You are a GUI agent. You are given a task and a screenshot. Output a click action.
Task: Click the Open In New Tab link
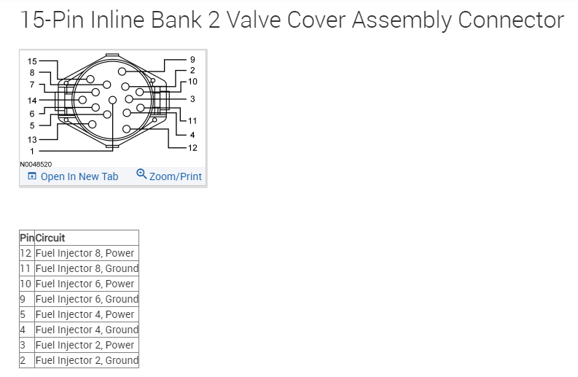click(79, 176)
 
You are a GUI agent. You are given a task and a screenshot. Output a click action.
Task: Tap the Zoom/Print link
click(175, 176)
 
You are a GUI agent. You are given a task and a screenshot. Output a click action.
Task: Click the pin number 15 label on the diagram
click(32, 61)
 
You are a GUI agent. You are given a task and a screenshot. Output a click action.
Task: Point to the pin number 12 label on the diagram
click(192, 148)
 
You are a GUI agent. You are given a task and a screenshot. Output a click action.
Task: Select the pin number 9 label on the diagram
click(192, 59)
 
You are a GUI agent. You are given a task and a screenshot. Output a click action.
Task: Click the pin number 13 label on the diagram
click(32, 139)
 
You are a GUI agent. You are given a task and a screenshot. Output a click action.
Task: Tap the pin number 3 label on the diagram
click(192, 98)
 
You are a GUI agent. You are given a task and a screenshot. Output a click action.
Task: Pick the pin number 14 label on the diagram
click(32, 100)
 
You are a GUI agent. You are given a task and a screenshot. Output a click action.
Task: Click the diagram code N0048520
click(36, 165)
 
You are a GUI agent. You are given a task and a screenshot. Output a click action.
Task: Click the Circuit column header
click(50, 238)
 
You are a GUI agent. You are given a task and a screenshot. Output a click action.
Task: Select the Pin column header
click(27, 238)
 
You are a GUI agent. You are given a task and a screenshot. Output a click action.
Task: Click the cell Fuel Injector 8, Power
click(85, 253)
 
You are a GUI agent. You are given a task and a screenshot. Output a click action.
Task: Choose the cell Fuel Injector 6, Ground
click(87, 299)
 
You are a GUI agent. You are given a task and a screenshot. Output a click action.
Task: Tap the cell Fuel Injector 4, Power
click(85, 314)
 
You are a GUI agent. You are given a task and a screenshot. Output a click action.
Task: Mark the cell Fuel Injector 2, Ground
click(87, 360)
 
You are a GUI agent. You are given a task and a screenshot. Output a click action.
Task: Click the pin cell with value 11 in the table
click(26, 268)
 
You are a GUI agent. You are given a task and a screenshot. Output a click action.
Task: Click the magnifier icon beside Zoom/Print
click(141, 174)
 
